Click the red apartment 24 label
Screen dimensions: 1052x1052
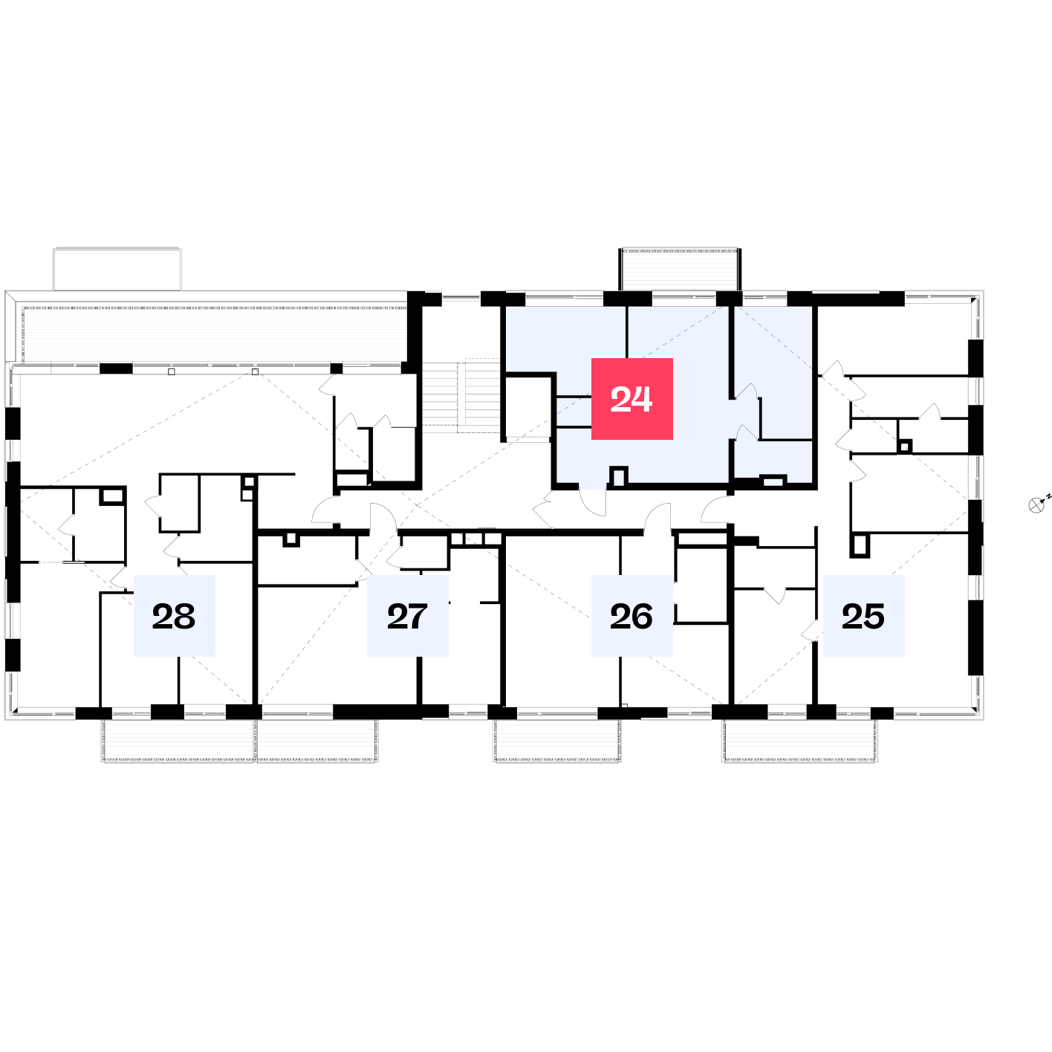click(631, 398)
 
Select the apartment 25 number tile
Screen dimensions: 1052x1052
click(863, 615)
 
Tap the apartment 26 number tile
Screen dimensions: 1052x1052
click(631, 615)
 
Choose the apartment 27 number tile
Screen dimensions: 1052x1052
click(407, 615)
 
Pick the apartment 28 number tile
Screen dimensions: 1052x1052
click(174, 615)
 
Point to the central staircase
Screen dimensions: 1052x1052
click(461, 395)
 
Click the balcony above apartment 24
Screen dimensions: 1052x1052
click(680, 270)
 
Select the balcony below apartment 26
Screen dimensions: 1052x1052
click(557, 740)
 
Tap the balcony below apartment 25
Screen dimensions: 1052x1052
click(800, 740)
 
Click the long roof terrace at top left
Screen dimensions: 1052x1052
click(214, 334)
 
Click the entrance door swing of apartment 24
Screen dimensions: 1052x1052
click(593, 503)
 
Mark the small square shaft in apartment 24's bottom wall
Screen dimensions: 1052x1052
click(619, 476)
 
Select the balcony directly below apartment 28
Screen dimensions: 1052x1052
click(178, 740)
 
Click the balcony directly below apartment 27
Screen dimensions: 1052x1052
click(317, 740)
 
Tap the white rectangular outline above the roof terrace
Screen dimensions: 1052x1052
click(117, 269)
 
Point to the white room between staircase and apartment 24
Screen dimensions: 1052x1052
click(527, 407)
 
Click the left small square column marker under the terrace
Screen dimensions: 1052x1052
click(172, 371)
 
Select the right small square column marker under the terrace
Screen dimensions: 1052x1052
click(255, 371)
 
